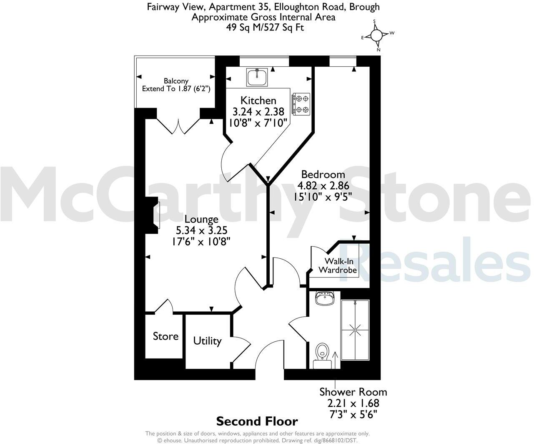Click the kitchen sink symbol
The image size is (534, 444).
257,77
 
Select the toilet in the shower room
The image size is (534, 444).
322,352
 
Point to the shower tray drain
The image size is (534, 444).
355,330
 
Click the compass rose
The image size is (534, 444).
376,35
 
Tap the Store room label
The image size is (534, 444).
165,336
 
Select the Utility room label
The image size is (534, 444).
207,341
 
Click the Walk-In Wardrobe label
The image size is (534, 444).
338,266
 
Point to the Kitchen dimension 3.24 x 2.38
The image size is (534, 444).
258,112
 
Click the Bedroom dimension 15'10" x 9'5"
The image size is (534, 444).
323,196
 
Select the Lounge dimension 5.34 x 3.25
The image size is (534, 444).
201,230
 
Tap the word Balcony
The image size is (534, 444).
176,81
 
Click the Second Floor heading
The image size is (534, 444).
257,421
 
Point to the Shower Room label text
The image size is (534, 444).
353,392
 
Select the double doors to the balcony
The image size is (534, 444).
178,126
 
